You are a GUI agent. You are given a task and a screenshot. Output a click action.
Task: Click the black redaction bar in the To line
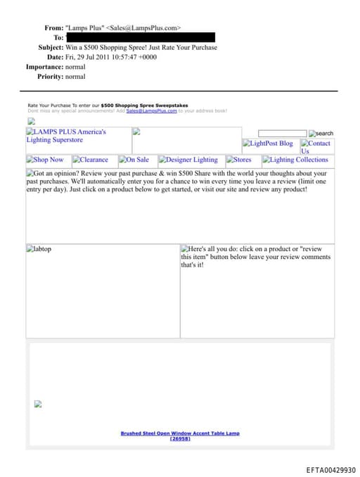pos(141,37)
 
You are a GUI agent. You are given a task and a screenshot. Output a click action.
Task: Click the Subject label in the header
pos(51,47)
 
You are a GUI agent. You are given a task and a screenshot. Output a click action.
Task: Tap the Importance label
pos(44,67)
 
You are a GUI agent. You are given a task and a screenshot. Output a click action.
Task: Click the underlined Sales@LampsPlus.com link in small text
pos(151,111)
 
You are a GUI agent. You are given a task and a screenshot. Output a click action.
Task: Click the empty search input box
pos(282,133)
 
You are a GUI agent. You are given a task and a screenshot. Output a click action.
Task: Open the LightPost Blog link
pos(271,144)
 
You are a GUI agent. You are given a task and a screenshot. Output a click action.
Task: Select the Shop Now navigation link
pos(48,160)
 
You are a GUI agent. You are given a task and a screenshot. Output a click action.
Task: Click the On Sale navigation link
pos(137,160)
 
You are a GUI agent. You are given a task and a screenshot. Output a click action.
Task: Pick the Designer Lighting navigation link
pos(192,160)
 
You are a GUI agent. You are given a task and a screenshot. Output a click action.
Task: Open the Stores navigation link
pos(242,160)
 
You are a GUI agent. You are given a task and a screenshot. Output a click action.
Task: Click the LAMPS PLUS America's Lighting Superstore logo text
pos(67,135)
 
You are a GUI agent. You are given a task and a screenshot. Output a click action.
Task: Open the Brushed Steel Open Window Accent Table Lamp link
pos(180,433)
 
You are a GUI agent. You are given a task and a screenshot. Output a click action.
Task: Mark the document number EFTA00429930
pos(330,469)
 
